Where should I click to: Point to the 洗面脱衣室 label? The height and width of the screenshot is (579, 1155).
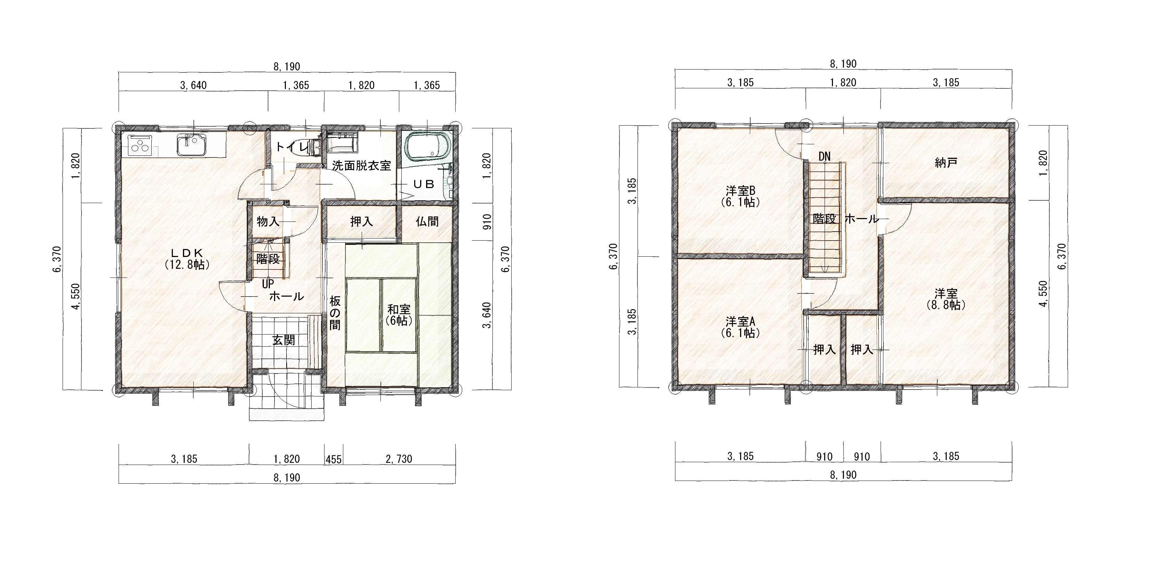[x=361, y=166]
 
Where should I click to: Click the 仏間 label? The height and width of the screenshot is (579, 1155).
[x=427, y=222]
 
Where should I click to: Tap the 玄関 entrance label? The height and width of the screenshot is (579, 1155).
[x=284, y=340]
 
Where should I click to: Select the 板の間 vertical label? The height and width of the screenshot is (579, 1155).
[x=335, y=313]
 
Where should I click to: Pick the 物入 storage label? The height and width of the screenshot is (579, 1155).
[x=268, y=222]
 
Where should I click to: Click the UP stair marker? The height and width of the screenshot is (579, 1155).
[x=268, y=284]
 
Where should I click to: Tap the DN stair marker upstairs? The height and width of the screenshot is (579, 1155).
[x=824, y=156]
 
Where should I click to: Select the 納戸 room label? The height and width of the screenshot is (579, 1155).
[x=946, y=163]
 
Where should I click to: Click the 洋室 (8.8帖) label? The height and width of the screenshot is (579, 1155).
[x=946, y=299]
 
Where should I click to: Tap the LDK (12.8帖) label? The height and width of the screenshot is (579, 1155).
[x=187, y=259]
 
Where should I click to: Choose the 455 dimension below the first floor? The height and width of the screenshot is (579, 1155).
[x=334, y=459]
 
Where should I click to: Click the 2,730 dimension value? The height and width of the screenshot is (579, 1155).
[x=399, y=459]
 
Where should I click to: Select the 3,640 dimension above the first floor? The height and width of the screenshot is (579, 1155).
[x=193, y=85]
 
